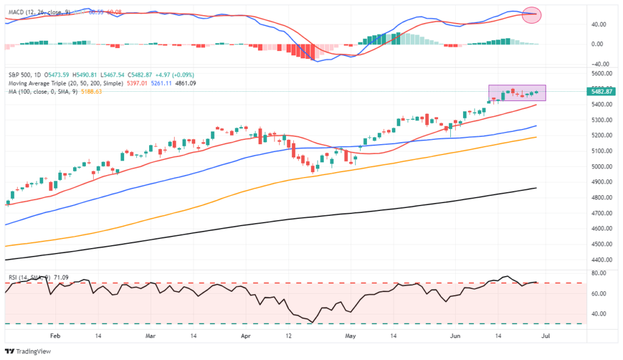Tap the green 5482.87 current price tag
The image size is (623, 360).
pos(602,91)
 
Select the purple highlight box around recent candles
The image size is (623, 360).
pos(517,92)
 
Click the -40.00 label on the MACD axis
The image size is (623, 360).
pos(600,64)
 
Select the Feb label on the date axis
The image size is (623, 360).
pos(55,335)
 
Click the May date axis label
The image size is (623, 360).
pos(349,335)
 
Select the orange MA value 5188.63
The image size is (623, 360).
pos(90,91)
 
